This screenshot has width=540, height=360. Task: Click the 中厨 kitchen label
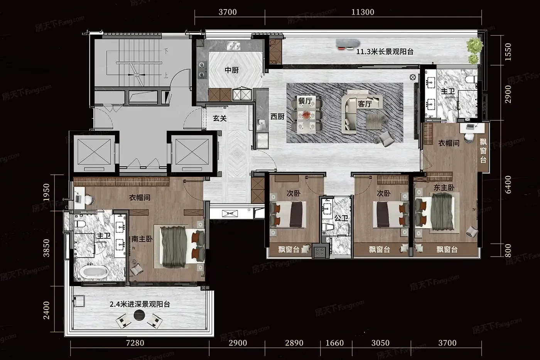point(231,70)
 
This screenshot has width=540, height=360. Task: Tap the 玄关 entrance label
point(219,118)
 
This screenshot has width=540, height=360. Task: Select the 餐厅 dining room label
point(305,101)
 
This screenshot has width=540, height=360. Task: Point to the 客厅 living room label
point(365,104)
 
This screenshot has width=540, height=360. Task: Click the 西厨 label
point(277,117)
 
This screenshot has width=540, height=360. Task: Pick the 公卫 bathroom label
point(341,218)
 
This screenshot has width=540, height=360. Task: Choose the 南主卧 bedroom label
point(142,239)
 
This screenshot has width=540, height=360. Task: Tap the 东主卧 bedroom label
point(444,188)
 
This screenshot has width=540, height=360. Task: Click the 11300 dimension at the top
point(363,12)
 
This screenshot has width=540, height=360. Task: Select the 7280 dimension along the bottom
point(135,343)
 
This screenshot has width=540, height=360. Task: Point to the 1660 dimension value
point(335,343)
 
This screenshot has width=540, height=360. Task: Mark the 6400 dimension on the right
point(508,185)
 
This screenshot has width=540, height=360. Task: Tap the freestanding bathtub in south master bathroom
point(94,272)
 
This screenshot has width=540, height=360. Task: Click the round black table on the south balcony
point(139,315)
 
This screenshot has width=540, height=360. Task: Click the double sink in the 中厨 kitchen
point(233,45)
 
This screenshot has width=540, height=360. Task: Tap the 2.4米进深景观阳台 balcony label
point(140,304)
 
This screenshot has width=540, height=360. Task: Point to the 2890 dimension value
point(294,343)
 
